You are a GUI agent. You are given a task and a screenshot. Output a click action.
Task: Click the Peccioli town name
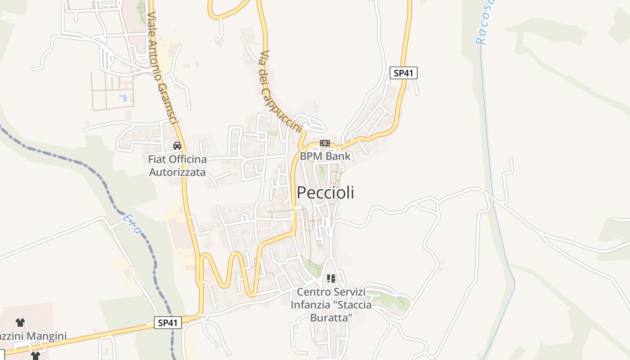(325, 193)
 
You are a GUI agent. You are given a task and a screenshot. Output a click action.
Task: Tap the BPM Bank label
(325, 156)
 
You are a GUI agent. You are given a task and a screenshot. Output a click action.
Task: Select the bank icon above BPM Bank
(324, 143)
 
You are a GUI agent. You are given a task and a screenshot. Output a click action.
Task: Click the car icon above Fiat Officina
(177, 146)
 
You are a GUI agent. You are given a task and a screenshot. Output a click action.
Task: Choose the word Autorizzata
(177, 172)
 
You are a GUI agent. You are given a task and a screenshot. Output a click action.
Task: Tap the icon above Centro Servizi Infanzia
(331, 279)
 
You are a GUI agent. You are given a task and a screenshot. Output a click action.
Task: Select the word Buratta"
(331, 317)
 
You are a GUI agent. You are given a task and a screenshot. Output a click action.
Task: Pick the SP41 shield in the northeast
(403, 73)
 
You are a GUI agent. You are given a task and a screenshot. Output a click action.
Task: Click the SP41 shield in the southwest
(168, 323)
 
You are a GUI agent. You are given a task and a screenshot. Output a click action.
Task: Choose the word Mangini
(47, 336)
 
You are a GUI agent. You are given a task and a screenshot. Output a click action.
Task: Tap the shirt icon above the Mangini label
(20, 323)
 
